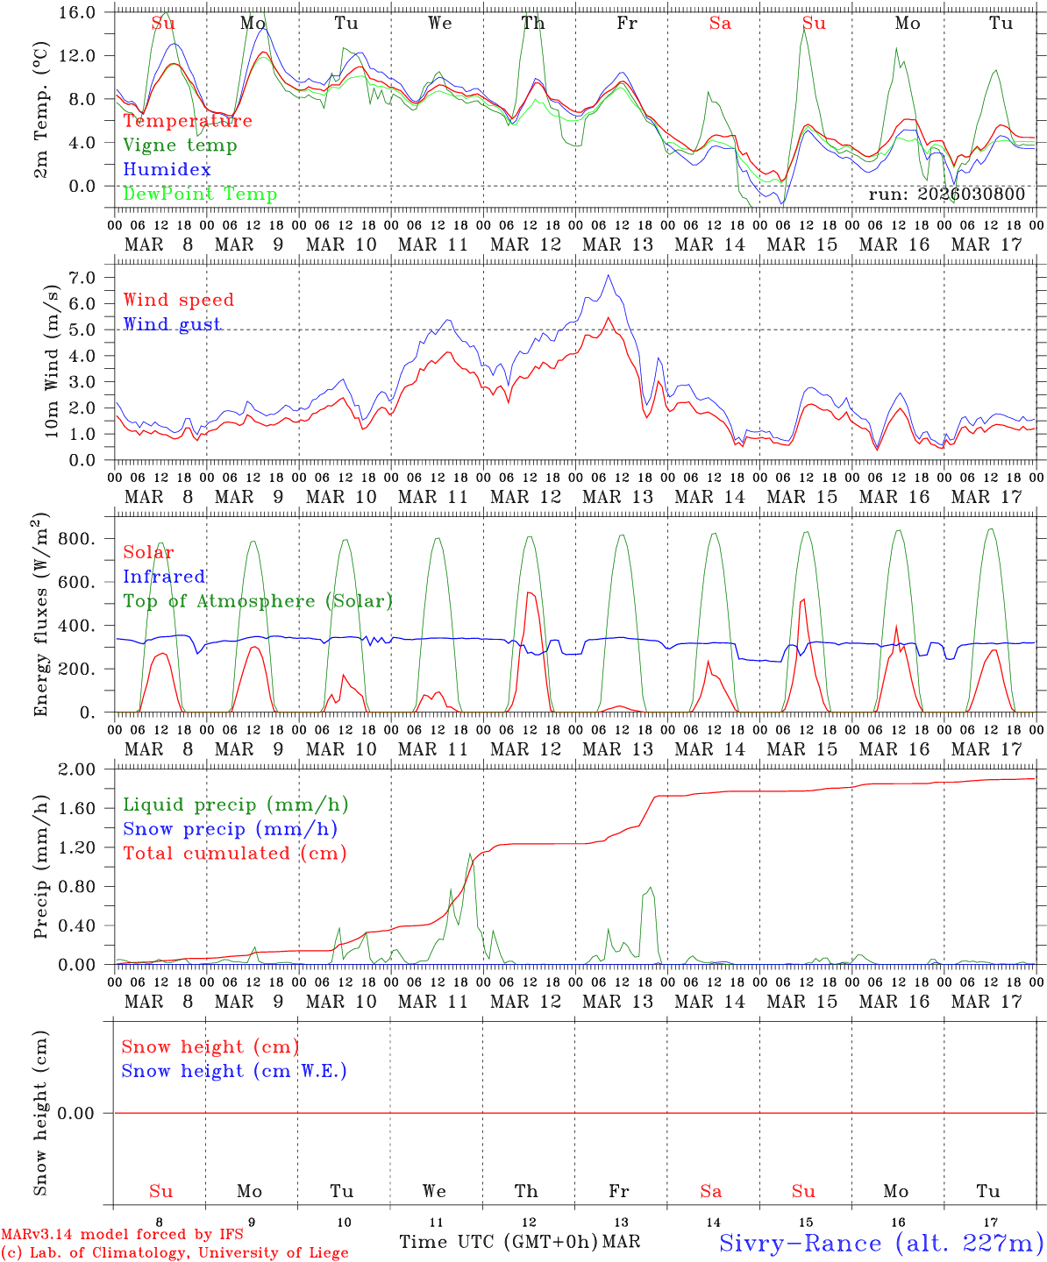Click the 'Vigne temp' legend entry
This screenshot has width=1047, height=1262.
(180, 145)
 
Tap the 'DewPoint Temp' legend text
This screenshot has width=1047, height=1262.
(200, 194)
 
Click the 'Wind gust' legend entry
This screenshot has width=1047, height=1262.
(172, 324)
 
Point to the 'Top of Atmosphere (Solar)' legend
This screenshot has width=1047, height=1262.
(258, 601)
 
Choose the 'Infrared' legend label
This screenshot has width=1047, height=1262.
(164, 577)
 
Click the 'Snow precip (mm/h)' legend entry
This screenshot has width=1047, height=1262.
(230, 829)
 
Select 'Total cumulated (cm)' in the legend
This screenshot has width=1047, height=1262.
(234, 853)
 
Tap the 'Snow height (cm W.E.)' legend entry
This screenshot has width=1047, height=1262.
(234, 1071)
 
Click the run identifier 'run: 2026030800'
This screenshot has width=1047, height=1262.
(946, 194)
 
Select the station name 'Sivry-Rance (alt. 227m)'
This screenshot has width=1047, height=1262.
(880, 1243)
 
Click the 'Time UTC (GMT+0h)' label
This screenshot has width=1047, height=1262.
(499, 1242)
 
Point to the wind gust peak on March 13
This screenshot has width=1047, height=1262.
(608, 275)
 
